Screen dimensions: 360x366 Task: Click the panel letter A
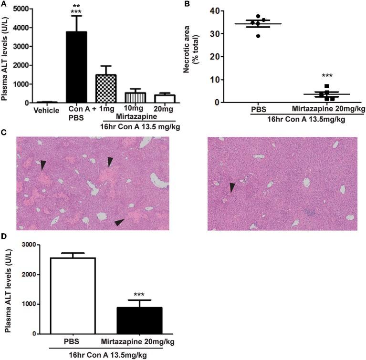pyautogui.click(x=4, y=4)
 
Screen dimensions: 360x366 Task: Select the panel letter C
pyautogui.click(x=4, y=132)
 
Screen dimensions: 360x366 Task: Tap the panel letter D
pyautogui.click(x=4, y=237)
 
